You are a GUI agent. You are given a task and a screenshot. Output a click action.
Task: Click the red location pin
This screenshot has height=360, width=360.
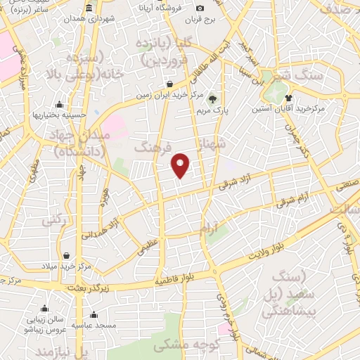click(x=181, y=165)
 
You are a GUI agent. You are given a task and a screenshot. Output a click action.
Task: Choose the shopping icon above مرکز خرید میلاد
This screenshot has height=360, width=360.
click(x=65, y=255)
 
